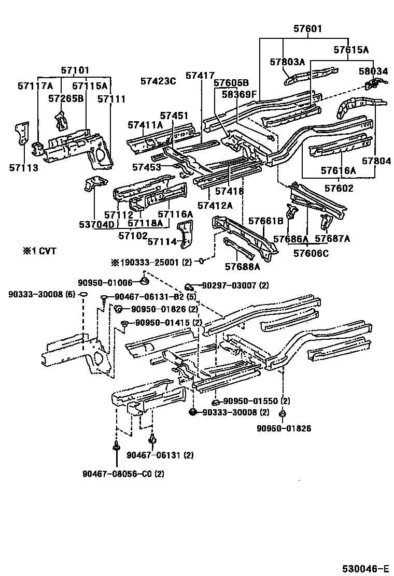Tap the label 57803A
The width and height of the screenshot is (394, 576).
pyautogui.click(x=287, y=62)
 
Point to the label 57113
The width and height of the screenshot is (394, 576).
pyautogui.click(x=23, y=167)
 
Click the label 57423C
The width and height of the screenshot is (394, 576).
pyautogui.click(x=158, y=81)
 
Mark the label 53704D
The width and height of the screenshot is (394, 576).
pyautogui.click(x=96, y=224)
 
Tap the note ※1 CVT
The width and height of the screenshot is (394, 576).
pyautogui.click(x=39, y=251)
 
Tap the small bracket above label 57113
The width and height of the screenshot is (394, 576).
pyautogui.click(x=22, y=134)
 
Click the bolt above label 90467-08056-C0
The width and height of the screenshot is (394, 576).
pyautogui.click(x=116, y=448)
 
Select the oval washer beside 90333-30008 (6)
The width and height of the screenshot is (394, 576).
pyautogui.click(x=84, y=295)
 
